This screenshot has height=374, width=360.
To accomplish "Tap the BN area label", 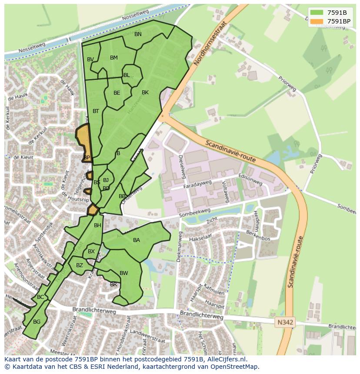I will coord(138,34).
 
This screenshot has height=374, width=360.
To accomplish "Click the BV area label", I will coord(90,60).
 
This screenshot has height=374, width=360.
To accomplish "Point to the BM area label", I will coord(114,58).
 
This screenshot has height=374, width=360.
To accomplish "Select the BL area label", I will coord(127,75).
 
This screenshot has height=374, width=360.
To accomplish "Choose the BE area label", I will coord(117,93).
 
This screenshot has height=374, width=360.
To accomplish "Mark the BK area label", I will coord(145,93).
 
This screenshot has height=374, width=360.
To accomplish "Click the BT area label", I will coord(96,111).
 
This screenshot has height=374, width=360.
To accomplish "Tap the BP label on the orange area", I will coord(87,157).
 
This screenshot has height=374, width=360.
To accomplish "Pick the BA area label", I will coord(137,240).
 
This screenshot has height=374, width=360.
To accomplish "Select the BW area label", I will coord(124,273).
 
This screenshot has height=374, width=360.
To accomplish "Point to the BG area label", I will coord(37,322).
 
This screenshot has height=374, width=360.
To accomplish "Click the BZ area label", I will coord(80,265).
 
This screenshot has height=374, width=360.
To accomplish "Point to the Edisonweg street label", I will coord(250,180).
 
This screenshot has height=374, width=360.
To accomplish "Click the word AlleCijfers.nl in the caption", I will coord(226,359).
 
